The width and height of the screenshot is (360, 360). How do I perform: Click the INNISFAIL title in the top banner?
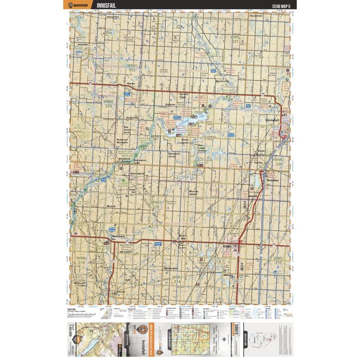point(107,6)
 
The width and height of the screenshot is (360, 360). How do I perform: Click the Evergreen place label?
point(113,16)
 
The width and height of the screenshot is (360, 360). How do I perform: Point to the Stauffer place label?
point(82,44)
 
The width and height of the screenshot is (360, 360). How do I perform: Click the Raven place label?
point(131,83)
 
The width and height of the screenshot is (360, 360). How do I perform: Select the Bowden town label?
point(273,181)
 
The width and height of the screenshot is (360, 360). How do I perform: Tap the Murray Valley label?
point(197,191)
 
